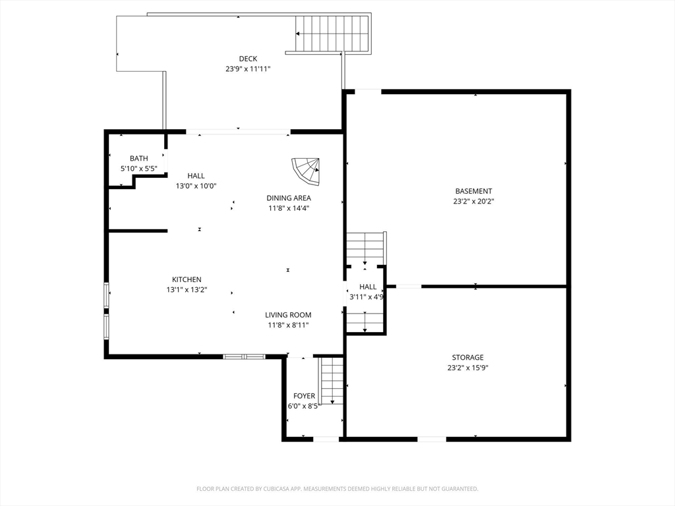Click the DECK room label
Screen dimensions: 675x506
(x=248, y=59)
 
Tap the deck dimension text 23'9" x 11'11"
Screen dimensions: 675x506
(x=248, y=69)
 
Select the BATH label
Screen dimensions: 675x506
(x=138, y=158)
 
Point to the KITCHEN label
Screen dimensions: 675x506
(x=187, y=279)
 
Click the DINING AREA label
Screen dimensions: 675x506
(x=289, y=198)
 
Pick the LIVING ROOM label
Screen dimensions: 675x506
(x=288, y=315)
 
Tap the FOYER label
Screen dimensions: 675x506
(x=304, y=396)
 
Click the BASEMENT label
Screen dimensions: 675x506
(x=473, y=191)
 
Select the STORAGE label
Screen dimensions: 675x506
(x=467, y=357)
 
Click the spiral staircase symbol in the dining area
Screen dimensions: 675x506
(x=306, y=171)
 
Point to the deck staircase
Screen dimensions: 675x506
(x=333, y=34)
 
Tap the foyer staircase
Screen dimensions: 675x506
(x=332, y=380)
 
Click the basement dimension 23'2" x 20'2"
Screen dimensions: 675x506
(x=473, y=202)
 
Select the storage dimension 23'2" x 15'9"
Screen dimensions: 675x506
(x=467, y=368)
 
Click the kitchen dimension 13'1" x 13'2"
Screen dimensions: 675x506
(x=187, y=290)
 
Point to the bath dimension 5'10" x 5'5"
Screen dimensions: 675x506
(x=138, y=169)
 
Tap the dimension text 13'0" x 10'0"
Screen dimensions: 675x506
(x=196, y=186)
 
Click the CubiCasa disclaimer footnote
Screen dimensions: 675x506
(x=337, y=489)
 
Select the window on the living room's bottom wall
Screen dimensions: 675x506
(x=244, y=356)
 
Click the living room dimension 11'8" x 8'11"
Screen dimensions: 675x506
(x=288, y=325)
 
